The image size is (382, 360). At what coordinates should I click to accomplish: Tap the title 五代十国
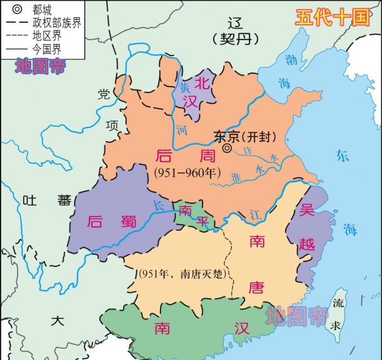pos(332,17)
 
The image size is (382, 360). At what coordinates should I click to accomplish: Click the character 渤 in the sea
pos(290,59)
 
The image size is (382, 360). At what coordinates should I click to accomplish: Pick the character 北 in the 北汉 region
pos(202,82)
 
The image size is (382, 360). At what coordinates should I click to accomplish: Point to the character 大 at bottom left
pos(59,320)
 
